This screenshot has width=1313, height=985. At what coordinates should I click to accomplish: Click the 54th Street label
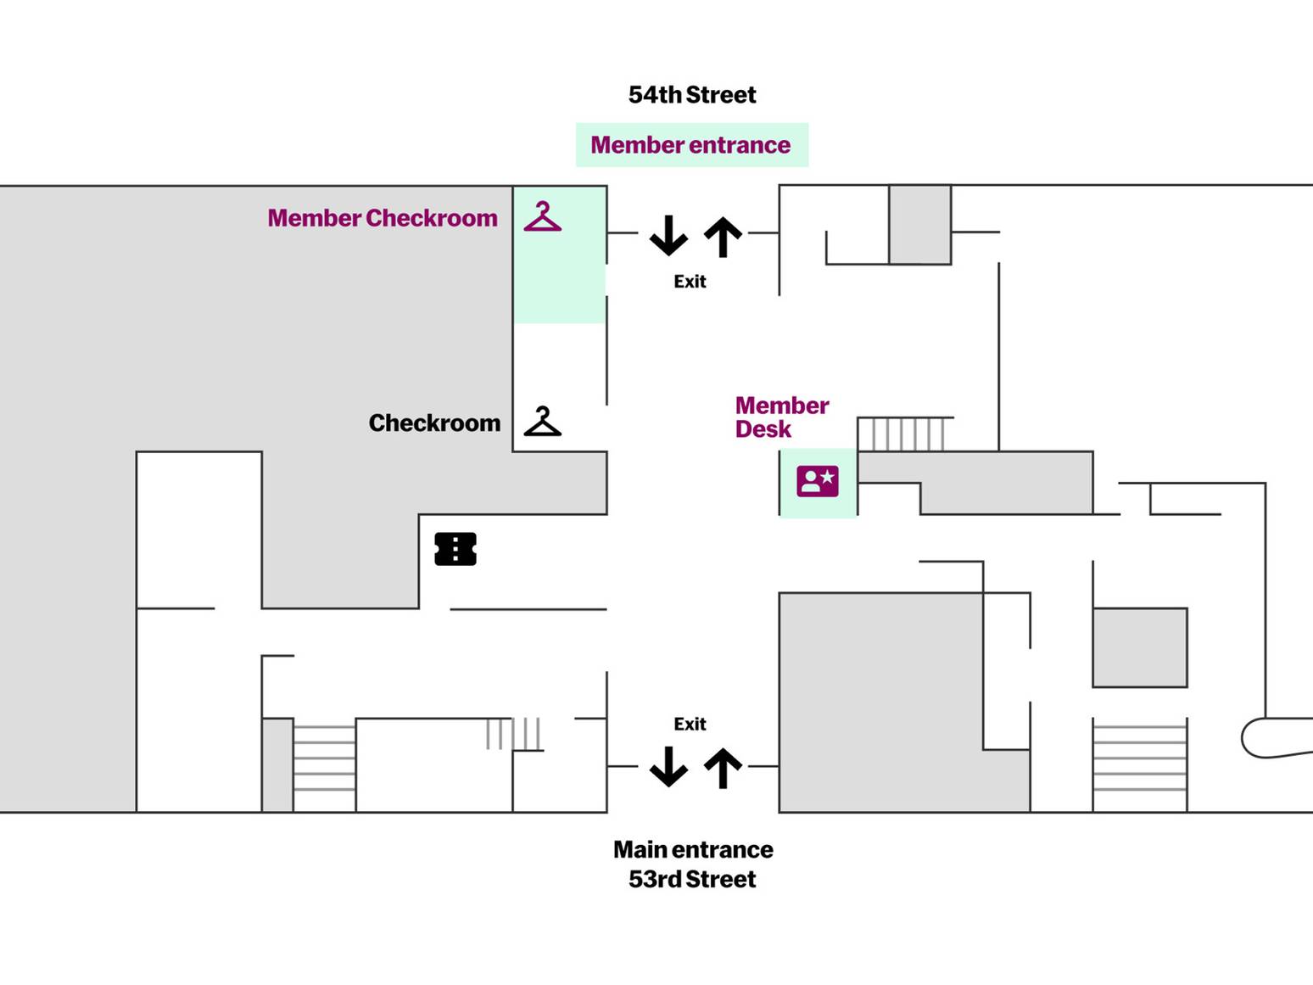pyautogui.click(x=691, y=94)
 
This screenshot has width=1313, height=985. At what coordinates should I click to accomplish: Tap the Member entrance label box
pyautogui.click(x=691, y=145)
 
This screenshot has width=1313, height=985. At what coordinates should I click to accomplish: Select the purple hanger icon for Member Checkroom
pyautogui.click(x=543, y=217)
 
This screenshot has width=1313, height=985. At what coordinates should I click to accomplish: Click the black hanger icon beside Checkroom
pyautogui.click(x=543, y=422)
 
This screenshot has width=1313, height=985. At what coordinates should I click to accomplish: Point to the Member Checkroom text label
pyautogui.click(x=383, y=218)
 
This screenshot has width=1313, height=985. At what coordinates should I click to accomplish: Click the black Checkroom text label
pyautogui.click(x=434, y=423)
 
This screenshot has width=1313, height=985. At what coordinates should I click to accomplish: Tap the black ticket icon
pyautogui.click(x=455, y=549)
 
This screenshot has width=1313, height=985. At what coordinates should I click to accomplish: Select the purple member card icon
pyautogui.click(x=818, y=481)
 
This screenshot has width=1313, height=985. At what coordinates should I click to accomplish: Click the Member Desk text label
pyautogui.click(x=780, y=417)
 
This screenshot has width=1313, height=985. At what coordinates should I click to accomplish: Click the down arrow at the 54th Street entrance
pyautogui.click(x=668, y=235)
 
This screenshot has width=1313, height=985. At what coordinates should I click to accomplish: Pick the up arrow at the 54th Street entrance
pyautogui.click(x=723, y=237)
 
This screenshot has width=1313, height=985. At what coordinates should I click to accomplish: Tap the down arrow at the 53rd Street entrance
pyautogui.click(x=668, y=766)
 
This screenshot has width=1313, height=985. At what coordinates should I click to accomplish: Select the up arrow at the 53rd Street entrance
pyautogui.click(x=723, y=768)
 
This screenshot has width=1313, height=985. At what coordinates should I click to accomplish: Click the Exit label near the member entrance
pyautogui.click(x=690, y=281)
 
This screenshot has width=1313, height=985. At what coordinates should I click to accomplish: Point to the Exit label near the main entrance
pyautogui.click(x=690, y=724)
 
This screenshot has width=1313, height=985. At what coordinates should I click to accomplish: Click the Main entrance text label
pyautogui.click(x=693, y=849)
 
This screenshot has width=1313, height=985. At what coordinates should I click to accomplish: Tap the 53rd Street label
pyautogui.click(x=691, y=879)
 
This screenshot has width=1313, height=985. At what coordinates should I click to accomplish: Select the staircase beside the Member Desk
pyautogui.click(x=904, y=434)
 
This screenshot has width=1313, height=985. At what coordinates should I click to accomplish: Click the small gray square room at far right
pyautogui.click(x=1139, y=647)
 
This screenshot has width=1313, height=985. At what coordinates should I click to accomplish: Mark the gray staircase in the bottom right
pyautogui.click(x=1139, y=765)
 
